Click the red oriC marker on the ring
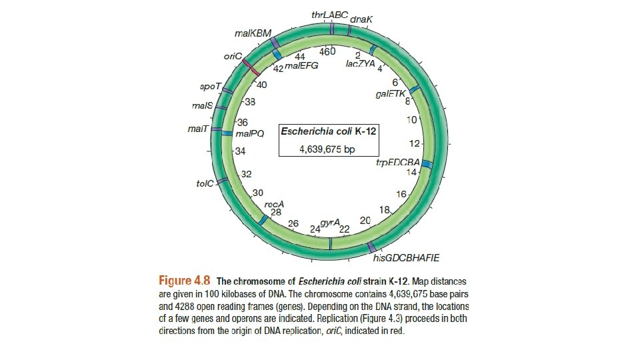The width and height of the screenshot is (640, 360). (x=251, y=66)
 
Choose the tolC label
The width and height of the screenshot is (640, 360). (x=205, y=182)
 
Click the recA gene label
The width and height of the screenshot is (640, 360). (x=275, y=203)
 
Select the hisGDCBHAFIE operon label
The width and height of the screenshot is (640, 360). (x=411, y=257)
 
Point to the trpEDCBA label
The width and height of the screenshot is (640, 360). (x=397, y=163)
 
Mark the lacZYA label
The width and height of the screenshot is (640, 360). (x=361, y=64)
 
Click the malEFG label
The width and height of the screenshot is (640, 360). (x=301, y=66)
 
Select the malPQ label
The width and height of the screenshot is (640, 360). (x=250, y=133)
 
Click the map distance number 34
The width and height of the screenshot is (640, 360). (x=241, y=151)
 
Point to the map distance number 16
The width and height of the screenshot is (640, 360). (x=401, y=195)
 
